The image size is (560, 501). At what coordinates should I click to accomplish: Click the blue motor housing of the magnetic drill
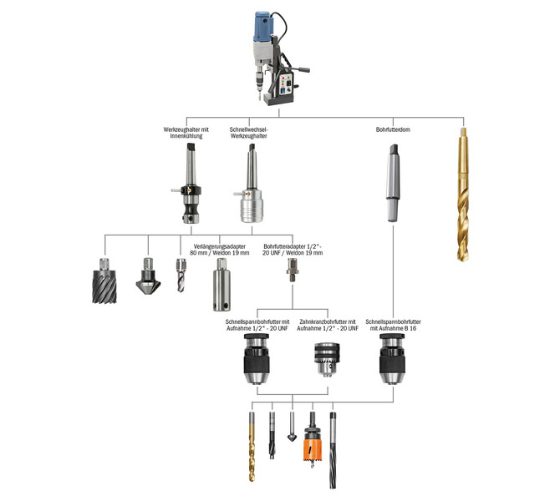[x=264, y=27]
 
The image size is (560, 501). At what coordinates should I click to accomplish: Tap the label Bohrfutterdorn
[x=393, y=129]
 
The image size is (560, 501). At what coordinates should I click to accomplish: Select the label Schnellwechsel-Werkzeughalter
[x=248, y=133]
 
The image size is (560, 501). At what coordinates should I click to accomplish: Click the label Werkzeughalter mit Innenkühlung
[x=186, y=133]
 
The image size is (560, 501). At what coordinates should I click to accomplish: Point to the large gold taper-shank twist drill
[x=463, y=195]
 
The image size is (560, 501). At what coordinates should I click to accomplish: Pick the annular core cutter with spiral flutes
[x=104, y=281]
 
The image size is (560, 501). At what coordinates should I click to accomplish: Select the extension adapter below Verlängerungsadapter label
[x=221, y=285]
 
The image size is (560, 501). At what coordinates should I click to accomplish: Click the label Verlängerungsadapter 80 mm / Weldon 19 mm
[x=220, y=250]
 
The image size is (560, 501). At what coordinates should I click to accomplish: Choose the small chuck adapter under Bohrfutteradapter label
[x=293, y=271]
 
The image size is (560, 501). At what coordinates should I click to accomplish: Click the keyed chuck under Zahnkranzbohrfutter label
[x=327, y=359]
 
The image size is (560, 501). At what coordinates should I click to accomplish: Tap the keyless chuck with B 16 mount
[x=392, y=358]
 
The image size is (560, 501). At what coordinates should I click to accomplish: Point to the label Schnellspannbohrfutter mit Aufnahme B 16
[x=393, y=325]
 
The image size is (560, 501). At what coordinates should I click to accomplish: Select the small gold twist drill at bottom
[x=252, y=447]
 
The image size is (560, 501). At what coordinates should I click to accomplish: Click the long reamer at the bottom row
[x=333, y=450]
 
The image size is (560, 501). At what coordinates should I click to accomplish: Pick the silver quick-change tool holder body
[x=252, y=206]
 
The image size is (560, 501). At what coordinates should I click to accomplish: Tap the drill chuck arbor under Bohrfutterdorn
[x=393, y=183]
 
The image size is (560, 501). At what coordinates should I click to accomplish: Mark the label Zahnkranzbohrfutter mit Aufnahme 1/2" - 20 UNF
[x=328, y=325]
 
